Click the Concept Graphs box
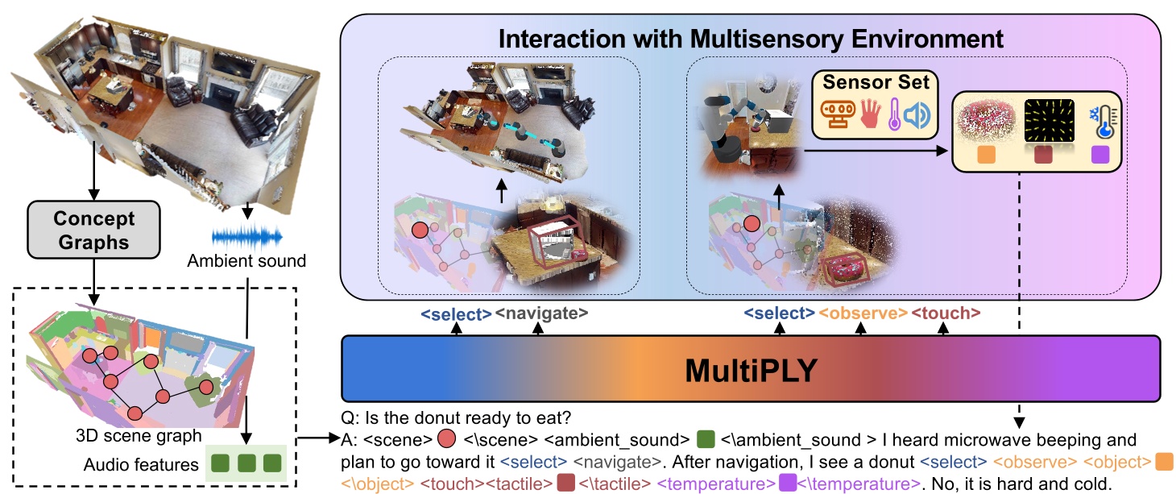click(x=93, y=230)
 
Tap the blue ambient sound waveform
click(x=246, y=237)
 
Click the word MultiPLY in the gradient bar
click(x=751, y=369)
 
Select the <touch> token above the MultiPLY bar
click(x=946, y=314)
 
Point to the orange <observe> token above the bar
click(x=863, y=314)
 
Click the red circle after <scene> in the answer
click(x=445, y=441)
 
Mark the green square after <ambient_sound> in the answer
click(x=706, y=441)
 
